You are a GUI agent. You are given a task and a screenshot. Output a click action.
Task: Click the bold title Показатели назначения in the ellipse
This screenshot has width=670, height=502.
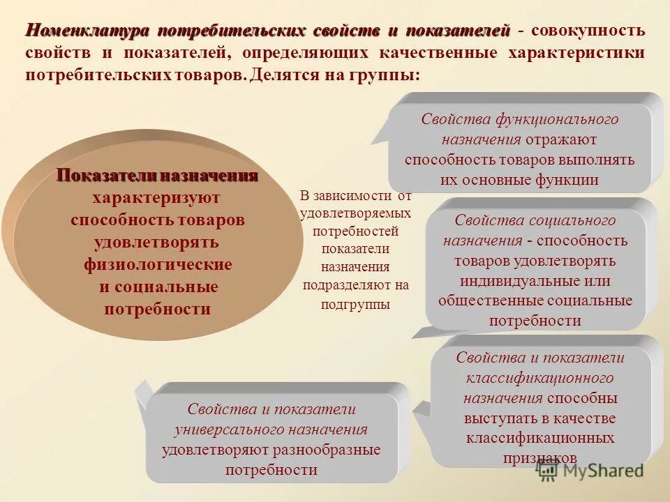(157, 176)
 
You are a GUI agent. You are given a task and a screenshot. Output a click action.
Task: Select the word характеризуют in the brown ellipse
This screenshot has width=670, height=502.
(157, 198)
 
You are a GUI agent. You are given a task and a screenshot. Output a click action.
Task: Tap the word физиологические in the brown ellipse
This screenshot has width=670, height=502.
(158, 265)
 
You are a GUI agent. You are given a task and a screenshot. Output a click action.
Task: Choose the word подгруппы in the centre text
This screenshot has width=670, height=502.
(356, 304)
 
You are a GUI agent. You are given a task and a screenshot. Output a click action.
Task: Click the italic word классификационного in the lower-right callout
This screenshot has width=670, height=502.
(539, 378)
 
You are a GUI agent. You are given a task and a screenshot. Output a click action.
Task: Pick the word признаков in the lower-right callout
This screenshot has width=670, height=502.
(540, 458)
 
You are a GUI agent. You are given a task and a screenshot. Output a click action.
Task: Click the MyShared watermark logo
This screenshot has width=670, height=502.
(590, 471)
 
